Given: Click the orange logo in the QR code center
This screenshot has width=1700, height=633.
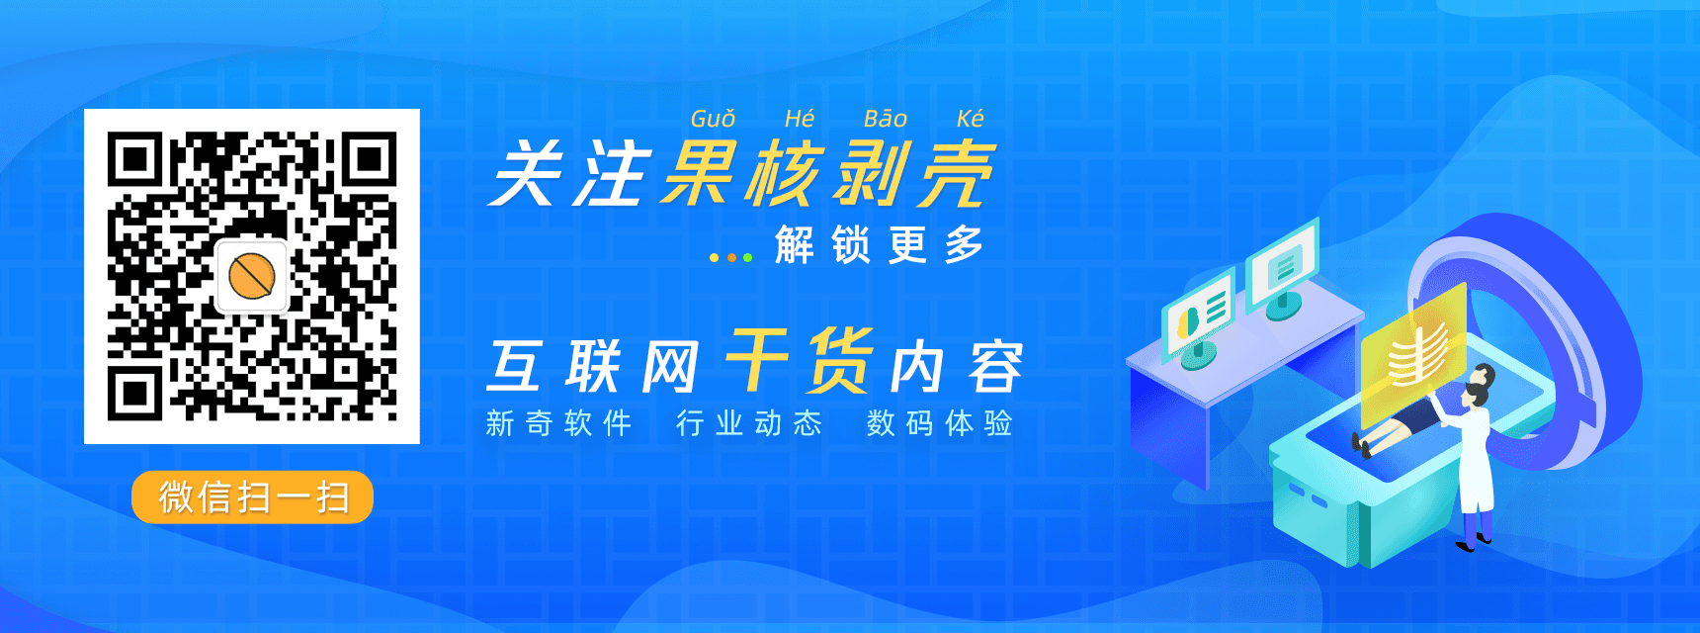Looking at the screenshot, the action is pos(251,276).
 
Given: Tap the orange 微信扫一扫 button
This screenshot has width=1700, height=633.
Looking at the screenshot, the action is pos(252,497).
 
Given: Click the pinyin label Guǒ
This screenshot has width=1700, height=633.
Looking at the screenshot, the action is pos(713,119).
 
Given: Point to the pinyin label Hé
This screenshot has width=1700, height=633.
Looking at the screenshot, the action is pos(800,119).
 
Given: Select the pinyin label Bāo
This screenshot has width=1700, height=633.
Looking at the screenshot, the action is pos(886,119).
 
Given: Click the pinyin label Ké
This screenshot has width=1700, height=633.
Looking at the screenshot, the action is pos(971,119).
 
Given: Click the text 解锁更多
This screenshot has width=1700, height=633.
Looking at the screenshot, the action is pos(879,245).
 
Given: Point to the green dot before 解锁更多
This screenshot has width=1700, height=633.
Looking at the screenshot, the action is pos(748,257).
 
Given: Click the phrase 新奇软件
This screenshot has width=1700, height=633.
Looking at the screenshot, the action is pos(558,423).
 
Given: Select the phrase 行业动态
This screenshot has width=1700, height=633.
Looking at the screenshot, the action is pos(749,423).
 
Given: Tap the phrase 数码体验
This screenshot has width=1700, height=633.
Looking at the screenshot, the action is pos(940,423).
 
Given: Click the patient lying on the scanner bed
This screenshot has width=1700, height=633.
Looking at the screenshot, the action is pos(1408,420).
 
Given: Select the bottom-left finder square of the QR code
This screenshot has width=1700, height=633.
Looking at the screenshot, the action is pos(135,393).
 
